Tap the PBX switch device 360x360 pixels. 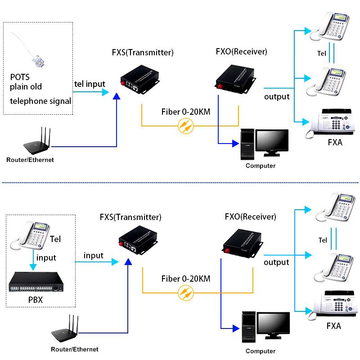pyautogui.click(x=36, y=282)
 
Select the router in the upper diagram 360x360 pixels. pyautogui.click(x=37, y=140)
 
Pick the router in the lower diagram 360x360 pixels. pyautogui.click(x=65, y=328)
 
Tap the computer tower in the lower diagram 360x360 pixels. pyautogui.click(x=249, y=327)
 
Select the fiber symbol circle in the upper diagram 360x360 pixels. pyautogui.click(x=186, y=126)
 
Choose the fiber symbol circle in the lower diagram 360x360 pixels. pyautogui.click(x=186, y=293)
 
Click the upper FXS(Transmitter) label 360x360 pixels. pyautogui.click(x=143, y=52)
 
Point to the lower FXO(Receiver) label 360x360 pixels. pyautogui.click(x=250, y=216)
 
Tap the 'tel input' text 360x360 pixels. pyautogui.click(x=90, y=84)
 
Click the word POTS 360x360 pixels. pyautogui.click(x=20, y=76)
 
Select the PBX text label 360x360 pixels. pyautogui.click(x=36, y=300)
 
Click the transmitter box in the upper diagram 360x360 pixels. pyautogui.click(x=140, y=79)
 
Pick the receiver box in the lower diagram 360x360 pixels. pyautogui.click(x=243, y=243)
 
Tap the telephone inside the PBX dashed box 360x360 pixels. pyautogui.click(x=30, y=235)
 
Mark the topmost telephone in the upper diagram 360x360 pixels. pyautogui.click(x=330, y=27)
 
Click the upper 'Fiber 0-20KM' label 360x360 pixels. pyautogui.click(x=186, y=112)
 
